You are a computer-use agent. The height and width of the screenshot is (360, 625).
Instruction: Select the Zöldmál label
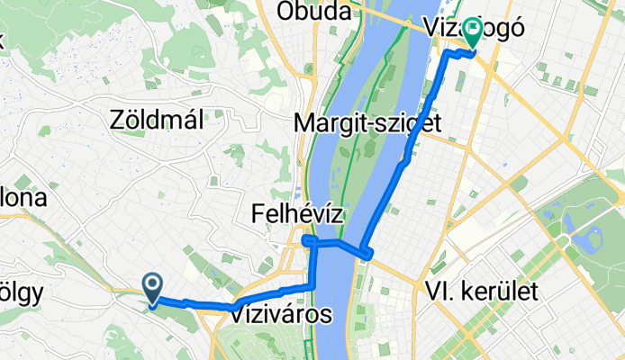(155, 118)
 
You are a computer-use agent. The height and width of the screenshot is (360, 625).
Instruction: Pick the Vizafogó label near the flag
(475, 28)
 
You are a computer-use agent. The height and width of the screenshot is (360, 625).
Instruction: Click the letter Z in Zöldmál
(116, 118)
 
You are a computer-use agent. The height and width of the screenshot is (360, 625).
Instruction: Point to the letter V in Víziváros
(238, 315)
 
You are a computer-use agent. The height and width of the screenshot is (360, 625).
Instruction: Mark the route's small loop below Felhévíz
(310, 240)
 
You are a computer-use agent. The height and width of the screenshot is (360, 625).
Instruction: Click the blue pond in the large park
(593, 239)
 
